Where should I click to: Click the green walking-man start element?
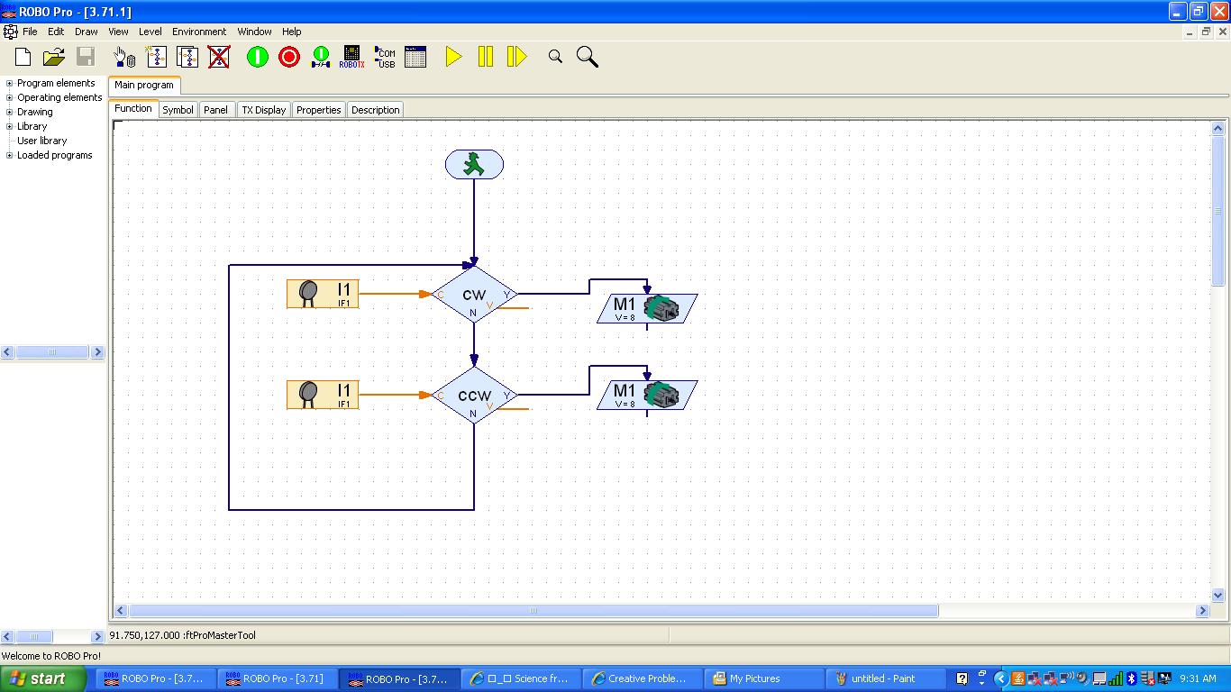pos(474,165)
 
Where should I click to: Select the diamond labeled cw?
pos(474,295)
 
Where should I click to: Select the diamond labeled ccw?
pos(474,396)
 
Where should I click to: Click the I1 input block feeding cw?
pos(323,294)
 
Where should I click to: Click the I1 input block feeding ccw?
pos(323,395)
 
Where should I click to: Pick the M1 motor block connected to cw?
pos(647,308)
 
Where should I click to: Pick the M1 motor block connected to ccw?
pos(647,395)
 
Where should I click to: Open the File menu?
pos(30,32)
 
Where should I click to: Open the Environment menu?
pos(199,32)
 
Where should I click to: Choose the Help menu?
pos(291,32)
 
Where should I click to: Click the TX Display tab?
pos(263,110)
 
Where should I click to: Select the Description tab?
pos(375,110)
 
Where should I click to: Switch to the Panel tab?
pos(215,110)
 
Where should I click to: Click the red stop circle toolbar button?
pos(288,57)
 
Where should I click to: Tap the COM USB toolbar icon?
pos(385,57)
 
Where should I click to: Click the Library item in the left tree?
pos(32,126)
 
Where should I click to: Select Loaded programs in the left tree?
pos(54,155)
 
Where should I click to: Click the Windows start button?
pos(38,678)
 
